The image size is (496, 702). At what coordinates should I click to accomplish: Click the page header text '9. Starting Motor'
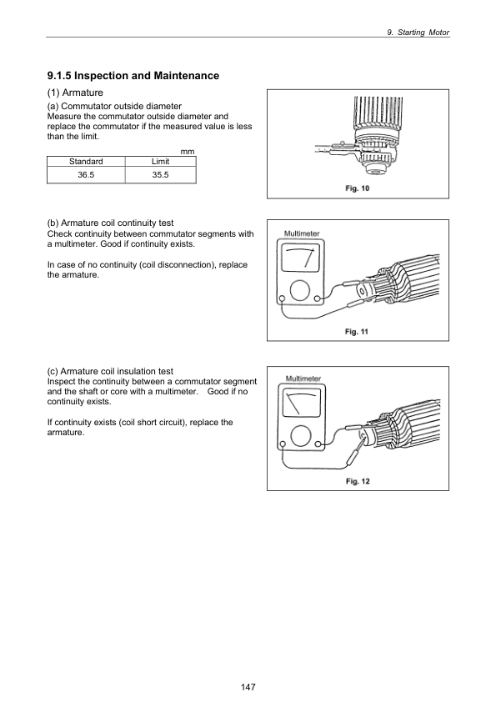(x=419, y=32)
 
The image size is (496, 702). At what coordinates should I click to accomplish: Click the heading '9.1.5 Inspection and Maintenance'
(x=133, y=76)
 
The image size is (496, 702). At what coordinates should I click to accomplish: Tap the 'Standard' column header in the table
(x=86, y=161)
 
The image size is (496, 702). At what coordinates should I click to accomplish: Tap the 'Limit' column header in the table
(x=159, y=161)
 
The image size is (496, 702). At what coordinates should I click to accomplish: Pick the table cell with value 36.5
(x=86, y=174)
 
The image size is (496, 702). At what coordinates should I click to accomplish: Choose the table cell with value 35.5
(x=159, y=174)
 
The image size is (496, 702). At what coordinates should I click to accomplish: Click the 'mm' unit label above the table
(x=188, y=151)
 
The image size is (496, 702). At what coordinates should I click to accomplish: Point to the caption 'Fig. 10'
(x=358, y=188)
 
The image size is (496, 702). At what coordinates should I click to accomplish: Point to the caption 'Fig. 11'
(x=358, y=331)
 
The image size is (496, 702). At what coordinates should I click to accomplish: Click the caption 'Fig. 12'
(x=358, y=481)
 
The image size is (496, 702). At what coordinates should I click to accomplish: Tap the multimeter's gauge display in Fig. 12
(x=302, y=406)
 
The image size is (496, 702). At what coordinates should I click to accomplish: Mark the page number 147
(x=248, y=687)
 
